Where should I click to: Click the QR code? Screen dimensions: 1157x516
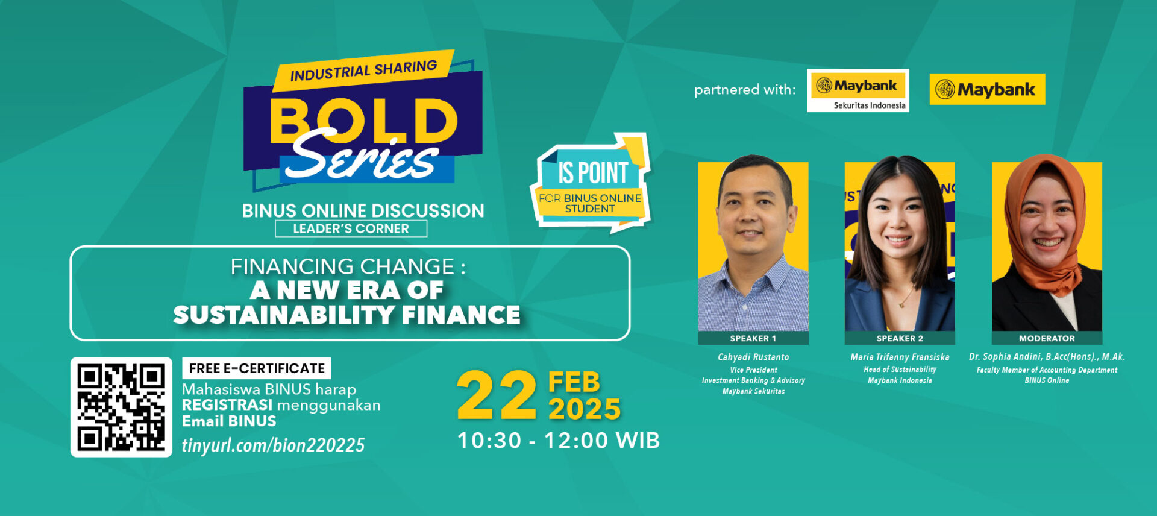[x=121, y=407]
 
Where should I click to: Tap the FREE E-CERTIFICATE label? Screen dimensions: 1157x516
[x=257, y=368]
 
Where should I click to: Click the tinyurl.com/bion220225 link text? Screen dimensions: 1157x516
[x=273, y=445]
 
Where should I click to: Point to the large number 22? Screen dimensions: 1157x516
[x=497, y=396]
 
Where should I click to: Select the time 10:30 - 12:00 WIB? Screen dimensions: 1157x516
[x=559, y=441]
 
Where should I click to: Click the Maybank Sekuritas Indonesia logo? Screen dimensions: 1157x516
[x=858, y=90]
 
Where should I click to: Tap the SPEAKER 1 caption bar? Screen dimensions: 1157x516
[x=753, y=338]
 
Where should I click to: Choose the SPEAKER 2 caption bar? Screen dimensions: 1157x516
[x=900, y=338]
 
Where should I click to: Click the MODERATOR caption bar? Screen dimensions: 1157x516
[x=1047, y=338]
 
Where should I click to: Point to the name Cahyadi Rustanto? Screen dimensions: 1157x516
[x=753, y=357]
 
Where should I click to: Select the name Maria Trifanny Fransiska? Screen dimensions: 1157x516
[x=900, y=357]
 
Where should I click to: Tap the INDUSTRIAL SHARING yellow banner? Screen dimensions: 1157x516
[x=364, y=71]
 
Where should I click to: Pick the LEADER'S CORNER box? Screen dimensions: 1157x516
[x=351, y=229]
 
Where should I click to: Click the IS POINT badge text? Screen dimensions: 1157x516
[x=593, y=173]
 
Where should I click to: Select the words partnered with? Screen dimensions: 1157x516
[x=745, y=90]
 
